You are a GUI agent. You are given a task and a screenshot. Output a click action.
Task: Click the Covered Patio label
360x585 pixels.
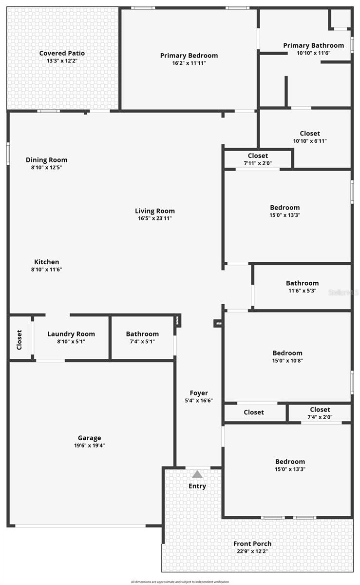pyautogui.click(x=62, y=53)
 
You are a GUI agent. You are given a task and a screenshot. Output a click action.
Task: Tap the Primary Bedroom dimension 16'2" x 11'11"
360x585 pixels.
pyautogui.click(x=189, y=63)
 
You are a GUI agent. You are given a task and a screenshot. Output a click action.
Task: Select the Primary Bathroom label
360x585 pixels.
pyautogui.click(x=313, y=45)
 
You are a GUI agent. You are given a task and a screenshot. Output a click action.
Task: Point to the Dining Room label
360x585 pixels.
pyautogui.click(x=47, y=160)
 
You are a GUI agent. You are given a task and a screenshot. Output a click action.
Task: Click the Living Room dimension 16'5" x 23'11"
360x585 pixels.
pyautogui.click(x=155, y=218)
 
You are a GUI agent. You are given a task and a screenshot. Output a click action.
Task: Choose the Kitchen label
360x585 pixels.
pyautogui.click(x=47, y=262)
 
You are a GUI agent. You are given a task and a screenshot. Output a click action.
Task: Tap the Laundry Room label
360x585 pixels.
pyautogui.click(x=71, y=334)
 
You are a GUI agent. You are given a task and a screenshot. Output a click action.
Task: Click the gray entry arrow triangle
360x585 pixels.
pyautogui.click(x=197, y=474)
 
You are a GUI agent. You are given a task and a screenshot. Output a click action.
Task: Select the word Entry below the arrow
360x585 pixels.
pyautogui.click(x=197, y=486)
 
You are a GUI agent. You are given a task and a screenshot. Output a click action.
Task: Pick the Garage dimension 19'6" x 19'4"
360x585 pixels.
pyautogui.click(x=90, y=446)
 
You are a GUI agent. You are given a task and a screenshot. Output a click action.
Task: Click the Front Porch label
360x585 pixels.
pyautogui.click(x=252, y=544)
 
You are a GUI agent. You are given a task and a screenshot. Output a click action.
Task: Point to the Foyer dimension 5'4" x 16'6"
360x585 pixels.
pyautogui.click(x=199, y=401)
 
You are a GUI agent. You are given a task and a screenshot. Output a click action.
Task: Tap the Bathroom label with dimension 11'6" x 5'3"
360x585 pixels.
pyautogui.click(x=302, y=283)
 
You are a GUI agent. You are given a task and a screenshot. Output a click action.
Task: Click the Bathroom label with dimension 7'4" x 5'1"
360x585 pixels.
pyautogui.click(x=142, y=334)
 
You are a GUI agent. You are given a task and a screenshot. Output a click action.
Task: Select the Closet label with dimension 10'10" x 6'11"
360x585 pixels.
pyautogui.click(x=310, y=133)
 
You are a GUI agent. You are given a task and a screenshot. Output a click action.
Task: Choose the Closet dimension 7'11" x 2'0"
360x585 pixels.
pyautogui.click(x=258, y=163)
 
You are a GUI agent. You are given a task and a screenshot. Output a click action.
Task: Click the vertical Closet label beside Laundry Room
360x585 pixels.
pyautogui.click(x=19, y=340)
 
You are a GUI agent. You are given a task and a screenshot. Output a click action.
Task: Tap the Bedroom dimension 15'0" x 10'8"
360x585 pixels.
pyautogui.click(x=287, y=361)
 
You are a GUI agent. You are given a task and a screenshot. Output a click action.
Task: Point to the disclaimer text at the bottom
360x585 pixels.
pyautogui.click(x=180, y=582)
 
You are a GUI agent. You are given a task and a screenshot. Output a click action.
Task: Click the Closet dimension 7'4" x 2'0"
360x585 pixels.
pyautogui.click(x=320, y=417)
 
